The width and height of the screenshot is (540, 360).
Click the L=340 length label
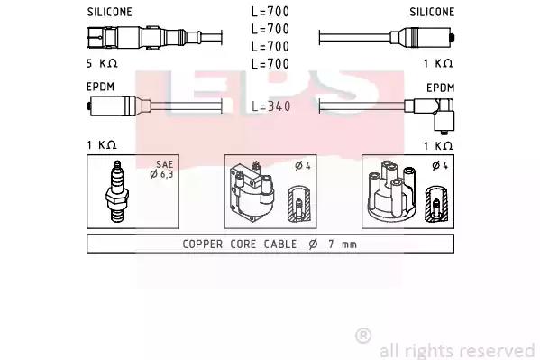[x=271, y=106]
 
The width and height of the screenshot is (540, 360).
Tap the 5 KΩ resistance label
[x=102, y=63]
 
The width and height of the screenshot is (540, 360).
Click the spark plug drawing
[x=117, y=191]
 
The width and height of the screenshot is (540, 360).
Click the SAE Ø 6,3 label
[x=162, y=170]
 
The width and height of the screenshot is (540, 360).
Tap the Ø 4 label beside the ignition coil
[x=303, y=166]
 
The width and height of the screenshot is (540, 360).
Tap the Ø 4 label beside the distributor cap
[x=440, y=165]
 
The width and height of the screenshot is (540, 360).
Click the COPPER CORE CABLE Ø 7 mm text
[x=270, y=245]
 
